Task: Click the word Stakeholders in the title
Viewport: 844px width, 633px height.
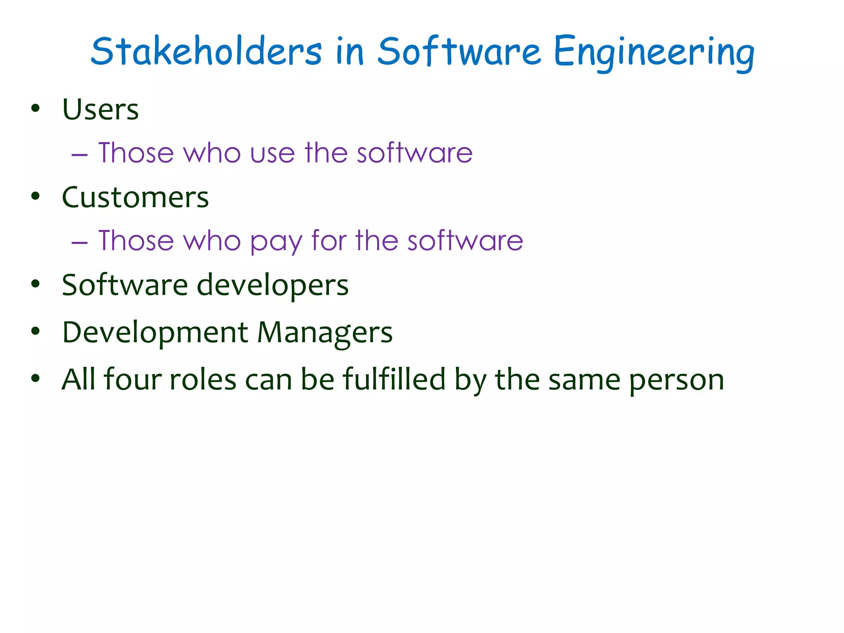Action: click(x=206, y=52)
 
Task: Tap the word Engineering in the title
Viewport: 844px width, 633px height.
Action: click(x=654, y=53)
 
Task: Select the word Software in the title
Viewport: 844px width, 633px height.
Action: click(x=459, y=52)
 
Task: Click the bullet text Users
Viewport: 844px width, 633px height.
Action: click(x=100, y=110)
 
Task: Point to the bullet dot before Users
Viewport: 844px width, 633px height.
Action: click(x=35, y=108)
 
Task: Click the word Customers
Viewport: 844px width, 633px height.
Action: click(x=135, y=197)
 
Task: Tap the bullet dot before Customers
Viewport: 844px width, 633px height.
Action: click(x=35, y=196)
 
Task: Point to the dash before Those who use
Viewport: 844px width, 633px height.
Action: click(x=79, y=155)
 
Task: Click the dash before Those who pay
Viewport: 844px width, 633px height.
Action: click(x=79, y=243)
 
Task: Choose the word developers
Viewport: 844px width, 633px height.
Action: click(x=273, y=286)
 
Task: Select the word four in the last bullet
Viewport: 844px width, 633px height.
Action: click(x=132, y=379)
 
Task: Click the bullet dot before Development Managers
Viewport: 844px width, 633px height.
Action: click(x=35, y=331)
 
